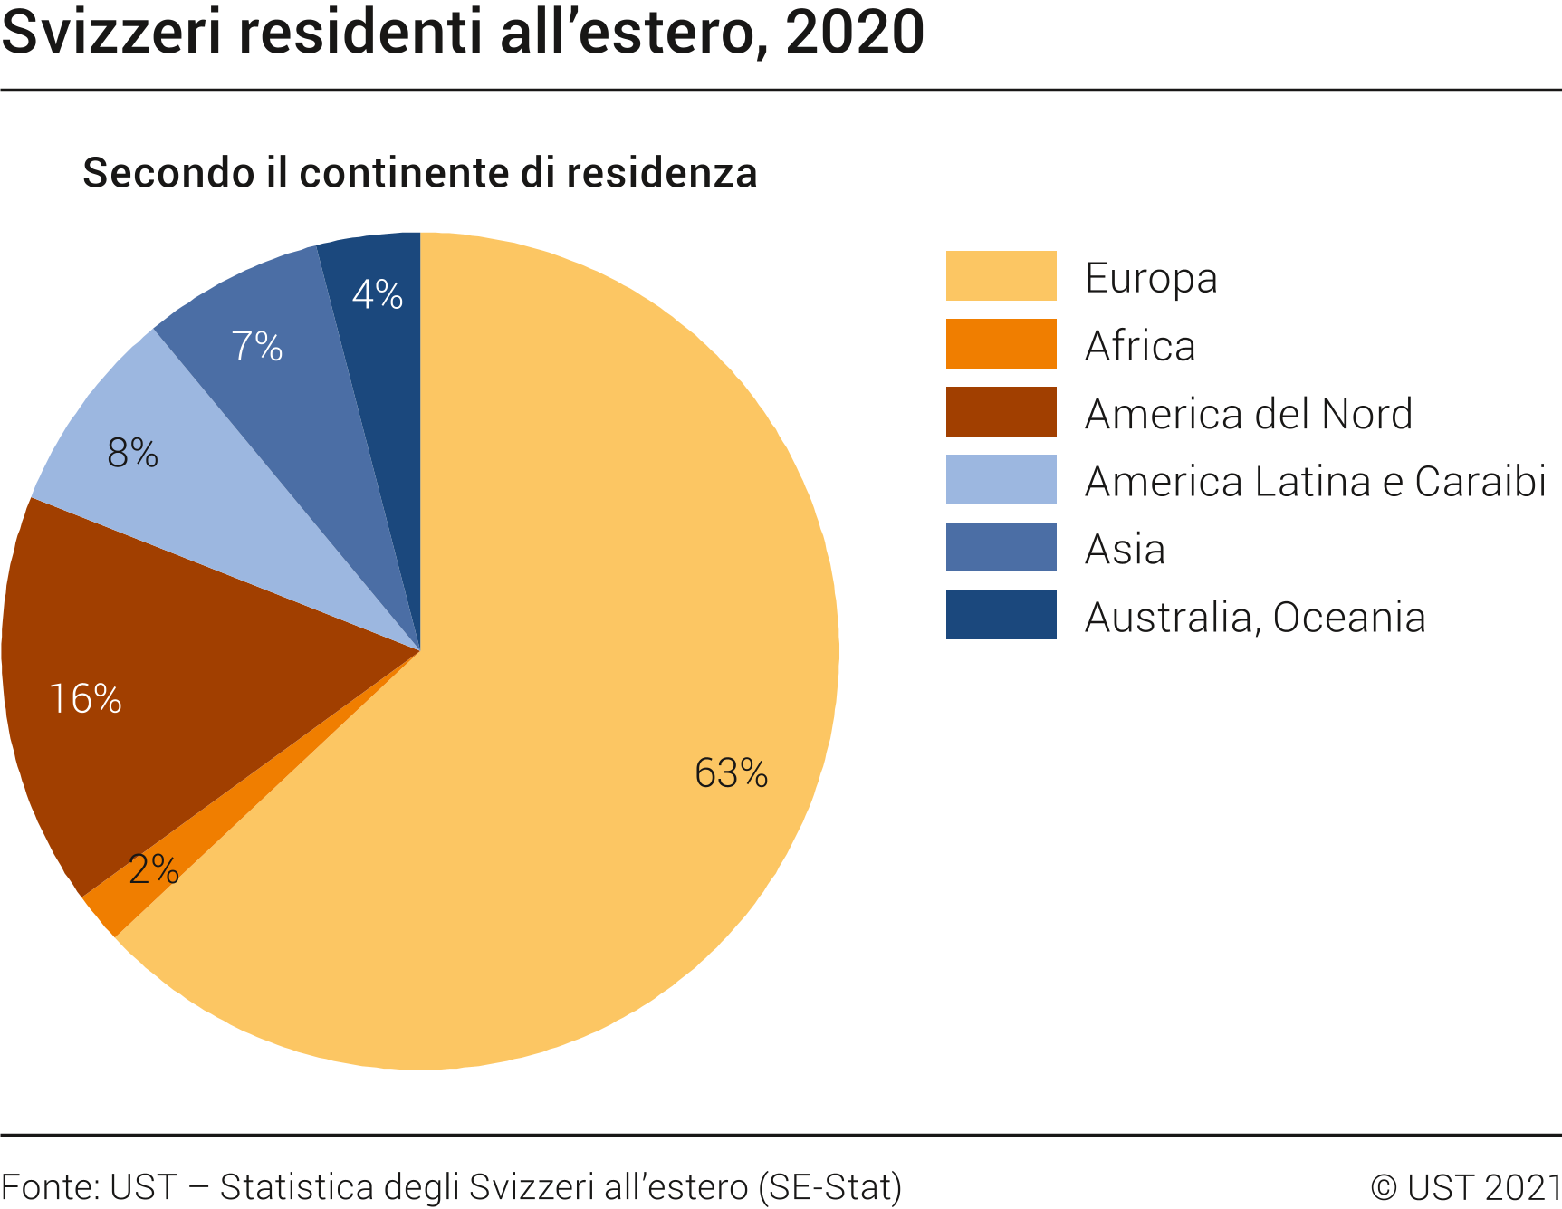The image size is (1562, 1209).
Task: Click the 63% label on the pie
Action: pos(731,773)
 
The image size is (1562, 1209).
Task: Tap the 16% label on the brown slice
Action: pos(85,699)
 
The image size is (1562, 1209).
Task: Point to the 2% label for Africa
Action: pos(154,869)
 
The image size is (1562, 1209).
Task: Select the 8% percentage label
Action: pos(132,453)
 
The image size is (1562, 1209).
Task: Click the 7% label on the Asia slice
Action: pos(257,347)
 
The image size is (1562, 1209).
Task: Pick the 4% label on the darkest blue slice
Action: pos(378,294)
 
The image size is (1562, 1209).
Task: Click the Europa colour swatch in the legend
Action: pos(1001,275)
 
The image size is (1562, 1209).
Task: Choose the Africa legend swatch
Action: pos(1001,343)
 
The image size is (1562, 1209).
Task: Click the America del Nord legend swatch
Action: pos(1001,411)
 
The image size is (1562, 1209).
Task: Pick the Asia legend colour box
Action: pos(1001,547)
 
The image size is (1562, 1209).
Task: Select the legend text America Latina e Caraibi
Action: pos(1315,481)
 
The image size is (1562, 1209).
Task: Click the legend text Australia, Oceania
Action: pos(1255,618)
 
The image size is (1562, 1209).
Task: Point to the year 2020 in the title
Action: pos(855,33)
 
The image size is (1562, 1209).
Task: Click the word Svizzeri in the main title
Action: pos(111,33)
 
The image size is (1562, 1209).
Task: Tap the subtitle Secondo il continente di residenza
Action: pos(419,173)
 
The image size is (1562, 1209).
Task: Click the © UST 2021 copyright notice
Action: pos(1466,1187)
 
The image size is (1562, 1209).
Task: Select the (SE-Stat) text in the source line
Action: pos(829,1187)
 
